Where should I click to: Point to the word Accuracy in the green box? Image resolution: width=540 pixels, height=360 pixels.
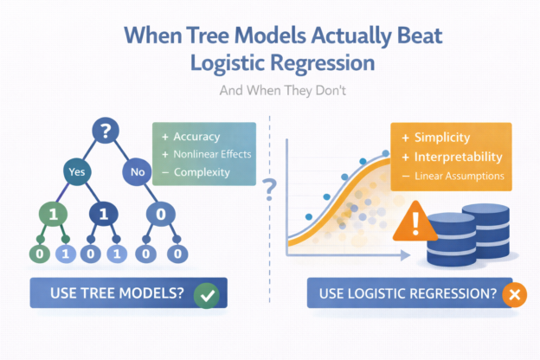click(x=196, y=137)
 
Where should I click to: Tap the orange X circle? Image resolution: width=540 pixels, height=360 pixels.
click(x=514, y=294)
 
